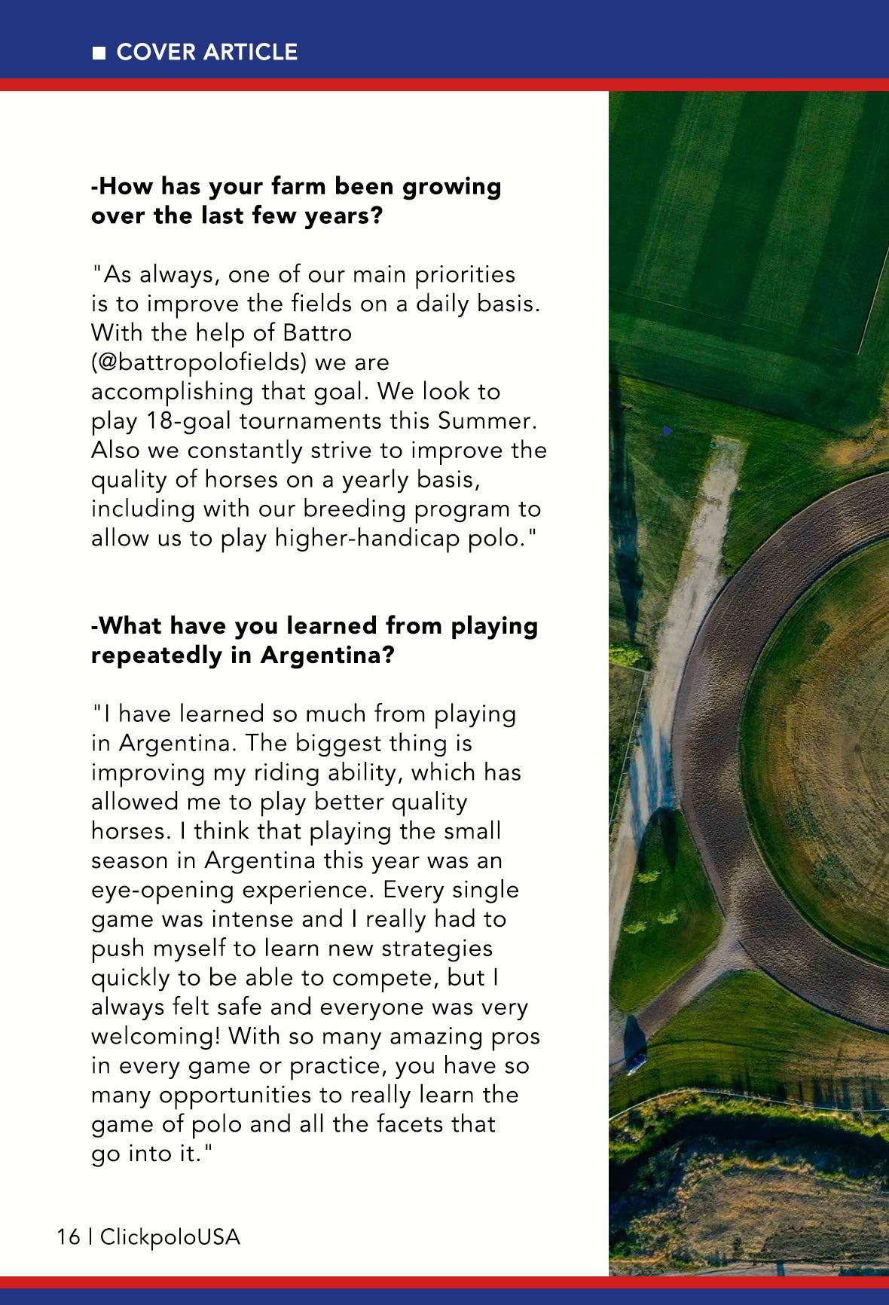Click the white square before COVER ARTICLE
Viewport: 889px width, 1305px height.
coord(98,53)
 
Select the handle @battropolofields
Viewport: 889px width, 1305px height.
coord(199,362)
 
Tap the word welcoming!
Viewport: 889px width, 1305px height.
coord(155,1037)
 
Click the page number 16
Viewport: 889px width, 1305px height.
coord(68,1238)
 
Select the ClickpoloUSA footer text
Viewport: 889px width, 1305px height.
coord(170,1238)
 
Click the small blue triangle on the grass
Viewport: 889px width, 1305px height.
coord(667,431)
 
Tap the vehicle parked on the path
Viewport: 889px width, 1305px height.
coord(637,1063)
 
